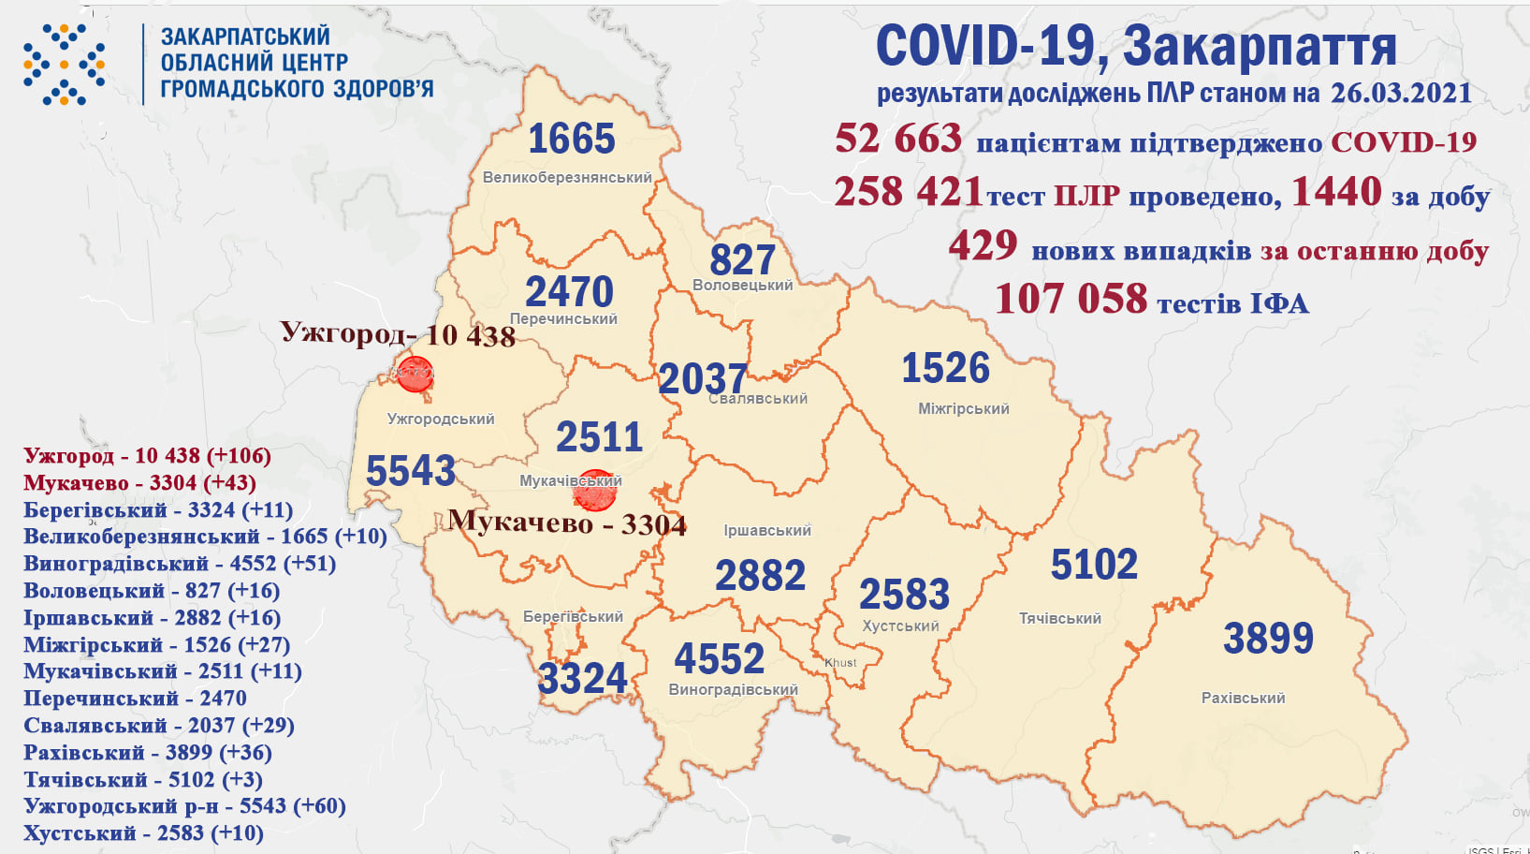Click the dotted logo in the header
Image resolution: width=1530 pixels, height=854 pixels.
pos(64,65)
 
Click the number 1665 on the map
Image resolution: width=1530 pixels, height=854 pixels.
pos(571,140)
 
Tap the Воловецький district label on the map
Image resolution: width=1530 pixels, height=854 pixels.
pos(742,285)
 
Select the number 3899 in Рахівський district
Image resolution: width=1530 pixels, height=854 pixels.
pos(1268,639)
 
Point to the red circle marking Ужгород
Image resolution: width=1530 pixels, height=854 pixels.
pos(415,374)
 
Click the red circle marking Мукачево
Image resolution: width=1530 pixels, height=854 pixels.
pos(595,490)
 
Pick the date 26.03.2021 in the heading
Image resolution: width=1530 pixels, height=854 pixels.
pos(1401,93)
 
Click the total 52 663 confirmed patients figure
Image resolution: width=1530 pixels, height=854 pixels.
pos(898,139)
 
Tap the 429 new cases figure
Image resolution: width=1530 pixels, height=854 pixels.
pos(983,246)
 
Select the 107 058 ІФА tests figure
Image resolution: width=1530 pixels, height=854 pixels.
pos(1071,299)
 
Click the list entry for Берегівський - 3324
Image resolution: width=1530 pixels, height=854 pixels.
pos(158,510)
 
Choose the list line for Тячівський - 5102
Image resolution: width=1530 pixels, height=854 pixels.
pos(142,779)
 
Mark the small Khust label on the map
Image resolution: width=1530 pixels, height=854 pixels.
pos(840,662)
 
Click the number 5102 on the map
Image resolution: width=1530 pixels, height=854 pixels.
pos(1094,565)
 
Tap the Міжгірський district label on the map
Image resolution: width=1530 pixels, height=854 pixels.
pos(963,408)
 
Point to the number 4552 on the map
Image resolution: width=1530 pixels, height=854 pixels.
pos(719,659)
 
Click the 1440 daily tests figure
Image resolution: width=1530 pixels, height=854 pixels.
pos(1336,192)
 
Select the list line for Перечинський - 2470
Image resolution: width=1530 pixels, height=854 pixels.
pos(135,699)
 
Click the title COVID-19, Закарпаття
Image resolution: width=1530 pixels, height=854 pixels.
pos(1135,46)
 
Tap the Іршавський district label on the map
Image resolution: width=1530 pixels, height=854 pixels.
pos(766,530)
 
